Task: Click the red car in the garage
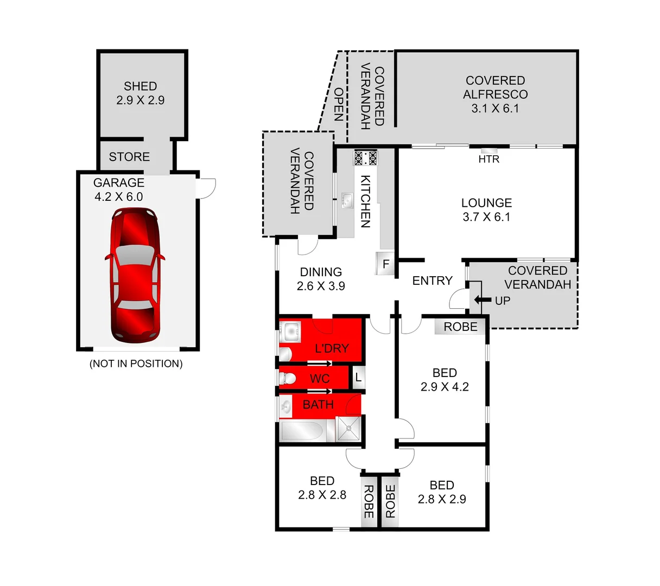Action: click(x=135, y=276)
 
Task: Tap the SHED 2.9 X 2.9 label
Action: click(x=140, y=93)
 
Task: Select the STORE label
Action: click(x=129, y=157)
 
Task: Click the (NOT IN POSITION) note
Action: click(x=136, y=364)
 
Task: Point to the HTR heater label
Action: click(x=488, y=160)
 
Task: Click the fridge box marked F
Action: click(x=385, y=264)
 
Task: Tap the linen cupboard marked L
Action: click(x=358, y=377)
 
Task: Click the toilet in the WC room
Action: click(x=287, y=378)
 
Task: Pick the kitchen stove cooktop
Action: click(x=365, y=158)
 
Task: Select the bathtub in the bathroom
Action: click(x=301, y=431)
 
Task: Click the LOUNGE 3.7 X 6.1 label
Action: click(x=486, y=210)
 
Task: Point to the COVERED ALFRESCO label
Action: click(x=495, y=94)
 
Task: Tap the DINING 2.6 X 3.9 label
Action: click(x=321, y=279)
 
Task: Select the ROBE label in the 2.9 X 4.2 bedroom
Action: click(x=460, y=327)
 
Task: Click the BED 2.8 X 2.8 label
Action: click(x=322, y=488)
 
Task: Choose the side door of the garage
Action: click(x=207, y=187)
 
